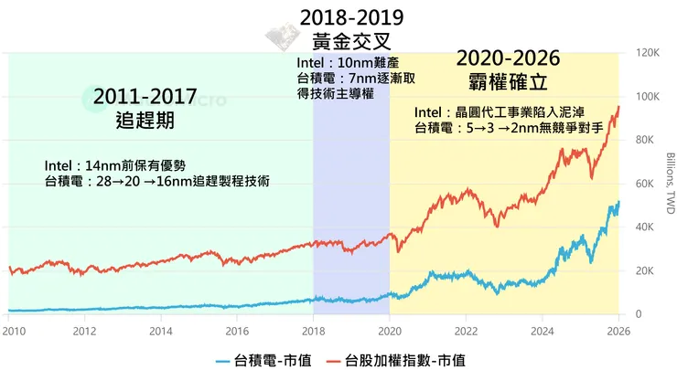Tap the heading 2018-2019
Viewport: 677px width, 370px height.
pos(352,18)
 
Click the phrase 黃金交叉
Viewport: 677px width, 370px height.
pos(352,41)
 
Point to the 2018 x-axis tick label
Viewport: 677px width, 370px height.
pos(314,331)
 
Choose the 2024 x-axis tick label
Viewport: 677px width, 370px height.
pos(543,331)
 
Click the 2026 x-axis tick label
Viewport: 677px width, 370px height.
pos(618,331)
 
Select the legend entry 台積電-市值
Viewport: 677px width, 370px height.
pos(266,357)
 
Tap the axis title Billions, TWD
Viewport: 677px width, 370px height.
pos(669,184)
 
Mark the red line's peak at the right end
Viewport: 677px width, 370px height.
pos(618,108)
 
